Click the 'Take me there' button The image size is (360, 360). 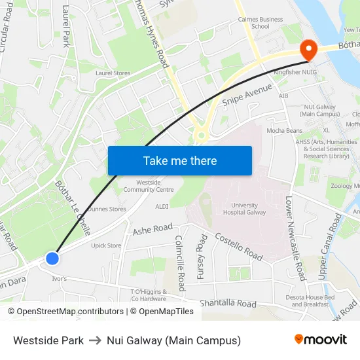[180, 160]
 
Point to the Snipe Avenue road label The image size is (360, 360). [247, 96]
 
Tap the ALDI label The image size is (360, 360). [162, 206]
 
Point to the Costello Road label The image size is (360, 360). [239, 247]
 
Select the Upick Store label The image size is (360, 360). [106, 246]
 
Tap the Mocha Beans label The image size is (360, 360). [284, 131]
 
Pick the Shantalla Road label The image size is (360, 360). [228, 304]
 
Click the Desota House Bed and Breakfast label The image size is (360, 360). [306, 300]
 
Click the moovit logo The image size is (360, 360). [321, 339]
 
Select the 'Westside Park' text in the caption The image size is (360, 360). [48, 340]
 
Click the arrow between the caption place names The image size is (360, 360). [95, 340]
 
